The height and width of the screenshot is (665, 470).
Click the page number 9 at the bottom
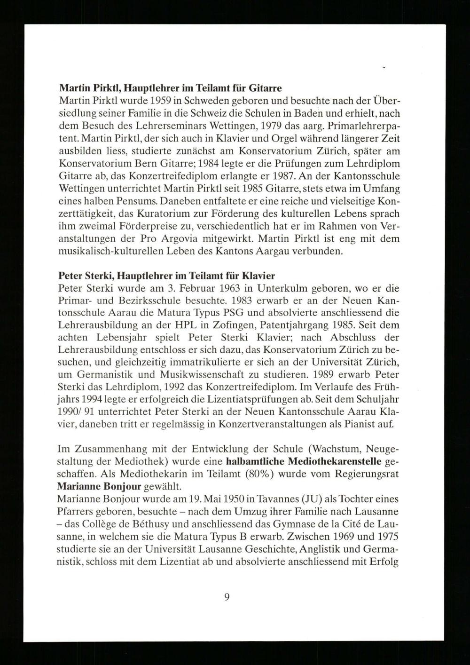click(227, 597)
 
